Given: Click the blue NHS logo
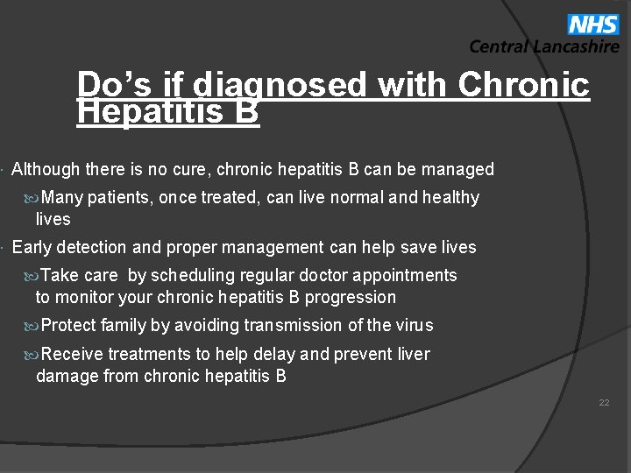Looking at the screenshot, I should pos(593,24).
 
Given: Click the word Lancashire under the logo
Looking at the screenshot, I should pos(575,47).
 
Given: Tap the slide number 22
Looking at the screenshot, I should pos(604,403).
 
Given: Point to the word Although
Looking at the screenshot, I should pos(45,169).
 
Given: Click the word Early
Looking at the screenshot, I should pos(31,248).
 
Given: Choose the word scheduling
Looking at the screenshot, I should pos(194,276).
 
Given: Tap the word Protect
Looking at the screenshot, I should pos(68,326).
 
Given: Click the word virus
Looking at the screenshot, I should pos(414,326).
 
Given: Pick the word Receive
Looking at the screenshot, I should pos(72,354).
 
